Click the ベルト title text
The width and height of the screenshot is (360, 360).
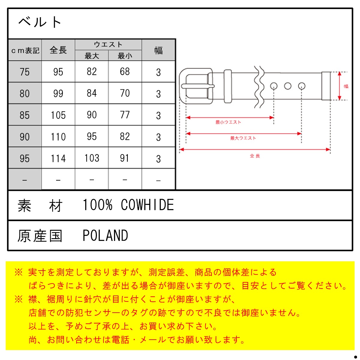(x=40, y=22)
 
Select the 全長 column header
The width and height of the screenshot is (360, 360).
(x=58, y=50)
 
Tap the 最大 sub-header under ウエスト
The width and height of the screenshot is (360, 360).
(x=91, y=56)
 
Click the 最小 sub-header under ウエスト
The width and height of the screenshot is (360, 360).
(x=125, y=56)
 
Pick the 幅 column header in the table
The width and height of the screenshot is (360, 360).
(x=158, y=50)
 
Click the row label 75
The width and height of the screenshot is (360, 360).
(x=25, y=72)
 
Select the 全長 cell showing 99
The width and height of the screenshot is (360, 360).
(x=58, y=93)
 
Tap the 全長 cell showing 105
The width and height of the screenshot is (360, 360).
(x=58, y=115)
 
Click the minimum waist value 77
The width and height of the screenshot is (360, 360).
(x=125, y=115)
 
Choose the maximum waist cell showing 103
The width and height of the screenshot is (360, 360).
(x=92, y=158)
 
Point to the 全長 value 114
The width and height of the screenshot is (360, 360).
(x=58, y=158)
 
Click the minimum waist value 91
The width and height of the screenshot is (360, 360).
(x=124, y=158)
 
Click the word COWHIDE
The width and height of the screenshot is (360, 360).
(x=147, y=205)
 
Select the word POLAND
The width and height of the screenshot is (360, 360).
(x=105, y=235)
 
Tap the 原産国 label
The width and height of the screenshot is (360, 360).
(x=40, y=236)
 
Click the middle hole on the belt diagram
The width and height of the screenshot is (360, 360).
(x=287, y=86)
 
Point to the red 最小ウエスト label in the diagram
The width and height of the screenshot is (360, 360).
(x=228, y=122)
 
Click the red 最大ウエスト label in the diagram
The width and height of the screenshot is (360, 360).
(x=243, y=138)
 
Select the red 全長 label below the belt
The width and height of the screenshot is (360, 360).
(x=255, y=156)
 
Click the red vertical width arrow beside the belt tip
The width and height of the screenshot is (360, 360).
(x=339, y=86)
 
